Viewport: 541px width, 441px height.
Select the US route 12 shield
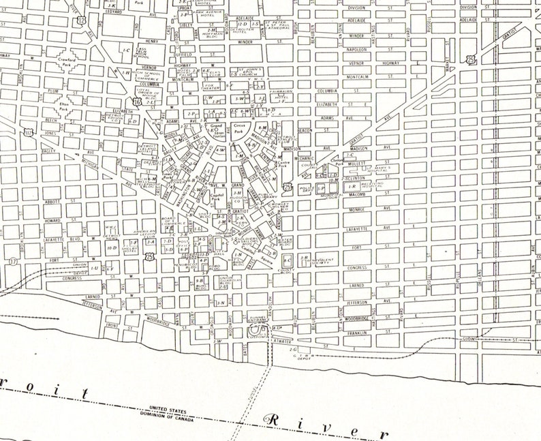point(82,21)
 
